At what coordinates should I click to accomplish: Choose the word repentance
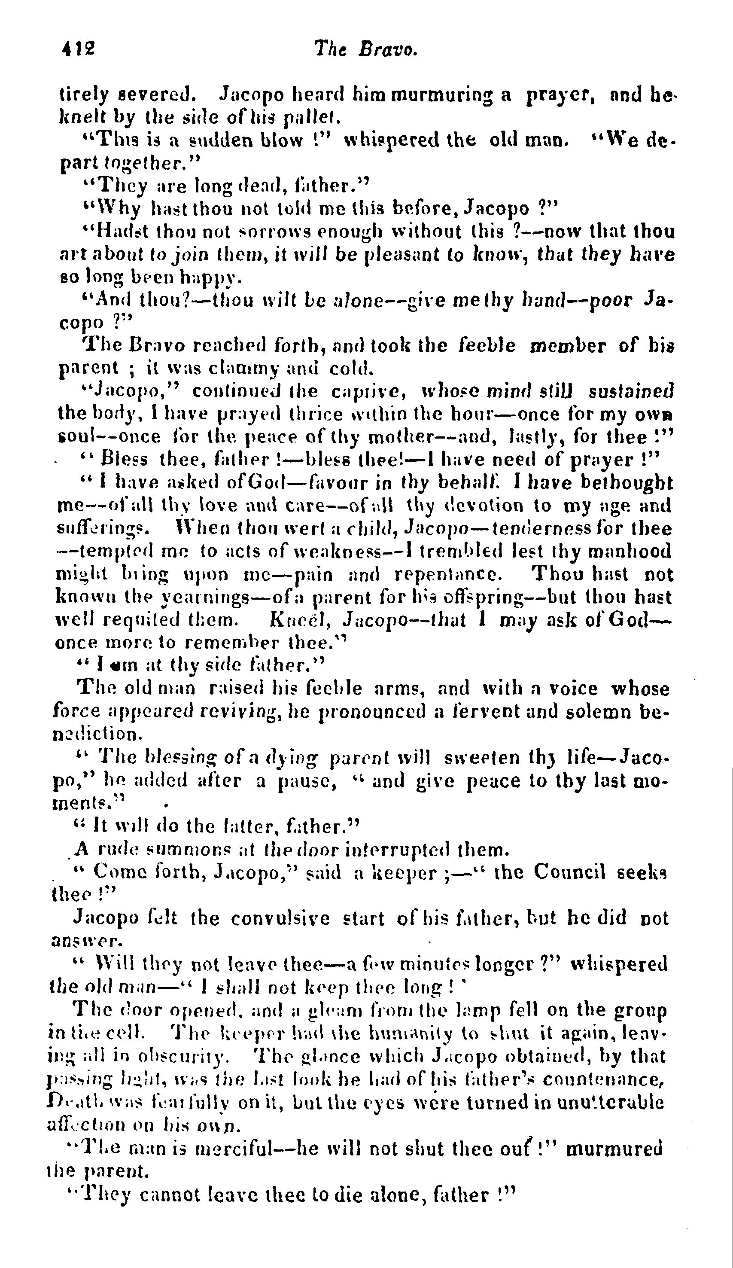point(448,574)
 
